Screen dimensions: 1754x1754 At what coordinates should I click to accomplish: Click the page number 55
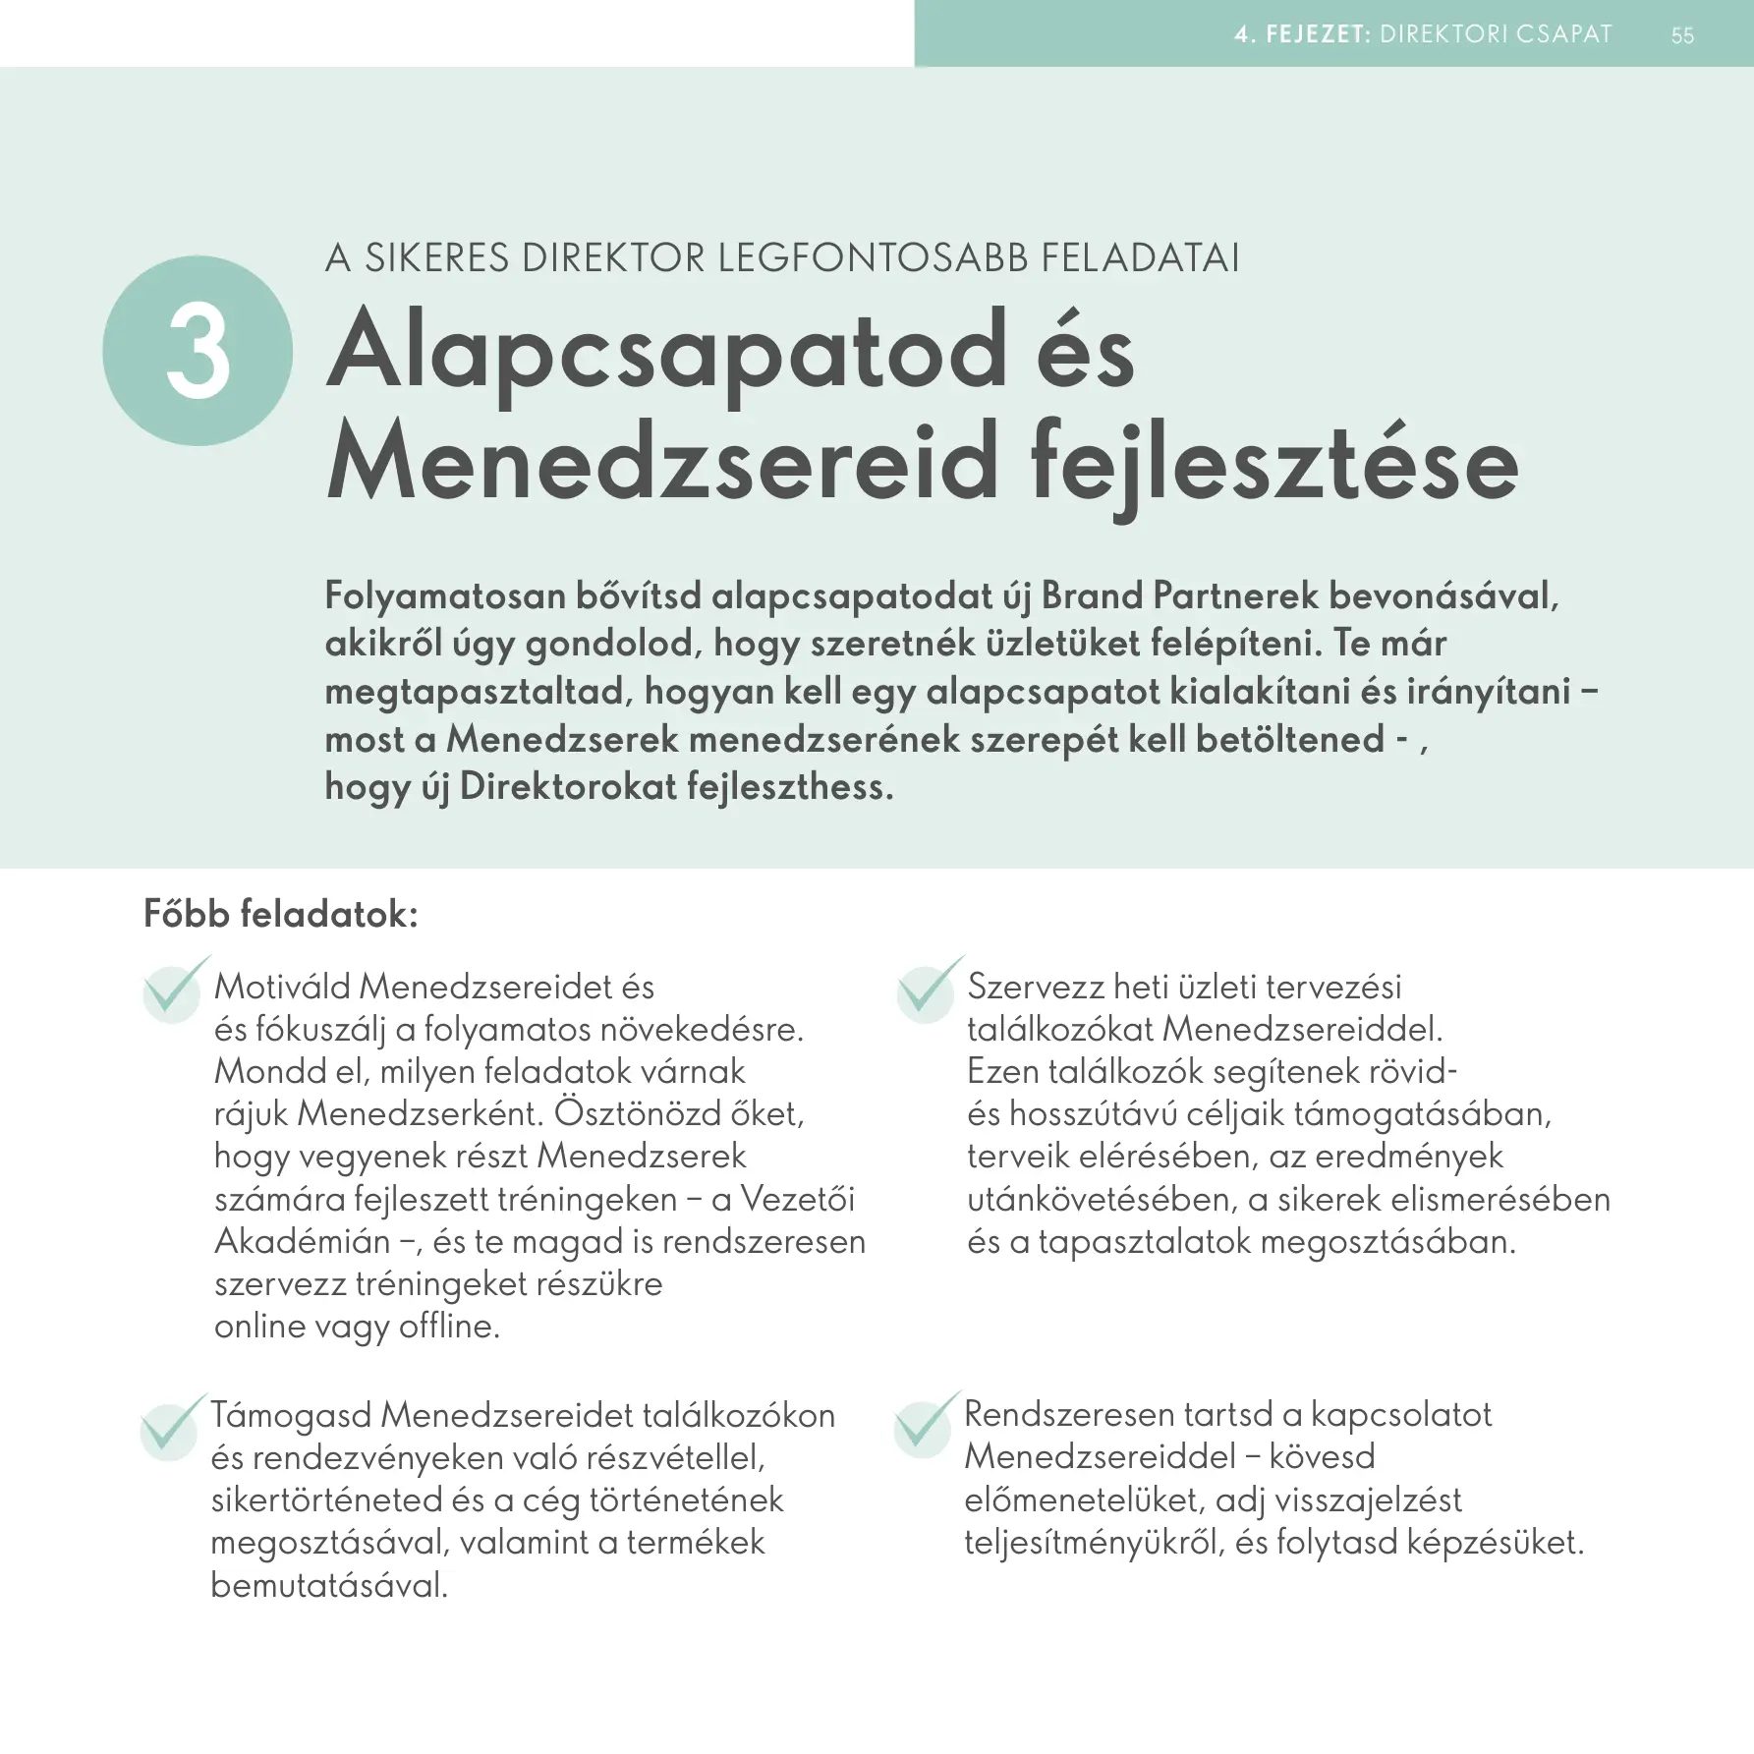pos(1682,35)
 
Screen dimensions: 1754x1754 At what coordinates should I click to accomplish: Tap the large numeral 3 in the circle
pos(198,352)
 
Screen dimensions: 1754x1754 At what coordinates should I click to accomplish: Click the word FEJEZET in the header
pos(1317,34)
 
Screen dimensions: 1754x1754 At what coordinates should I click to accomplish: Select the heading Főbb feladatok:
pos(281,914)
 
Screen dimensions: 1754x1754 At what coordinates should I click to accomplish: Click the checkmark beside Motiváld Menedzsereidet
pos(174,990)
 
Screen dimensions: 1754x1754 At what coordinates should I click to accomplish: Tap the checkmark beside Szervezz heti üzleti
pos(927,990)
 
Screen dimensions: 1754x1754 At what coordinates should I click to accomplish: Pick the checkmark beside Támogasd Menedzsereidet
pos(171,1426)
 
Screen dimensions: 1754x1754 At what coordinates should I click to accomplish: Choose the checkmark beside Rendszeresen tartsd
pos(924,1425)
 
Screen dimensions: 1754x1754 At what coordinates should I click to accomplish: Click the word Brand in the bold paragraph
pos(1092,595)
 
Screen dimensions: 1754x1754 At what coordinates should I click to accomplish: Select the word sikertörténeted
pos(326,1500)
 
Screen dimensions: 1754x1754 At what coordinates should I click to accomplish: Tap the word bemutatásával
pos(329,1585)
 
